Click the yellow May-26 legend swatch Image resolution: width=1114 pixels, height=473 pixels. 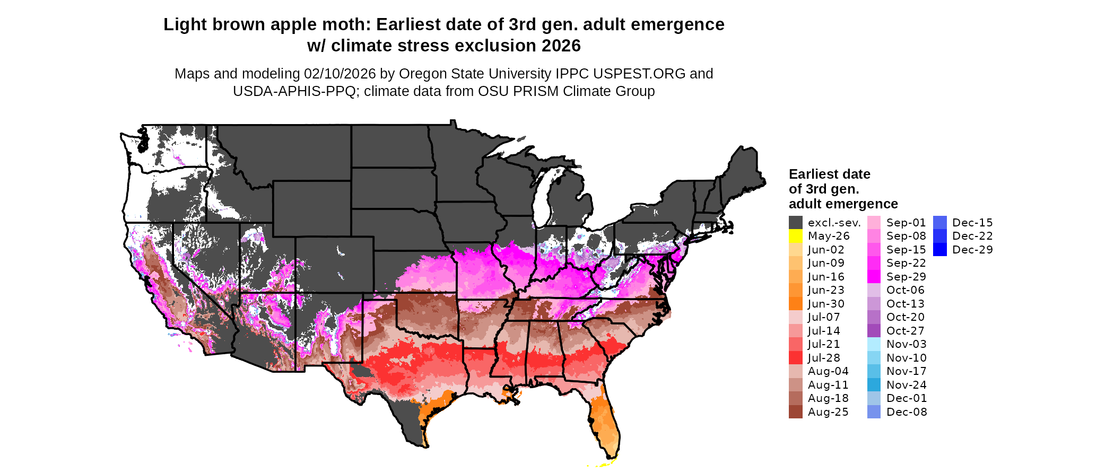click(795, 236)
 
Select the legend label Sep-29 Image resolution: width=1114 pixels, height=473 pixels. click(906, 277)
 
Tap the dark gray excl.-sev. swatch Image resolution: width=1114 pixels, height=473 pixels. click(795, 223)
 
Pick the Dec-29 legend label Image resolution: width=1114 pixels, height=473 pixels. click(972, 250)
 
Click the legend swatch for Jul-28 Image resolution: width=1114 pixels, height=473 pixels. click(795, 358)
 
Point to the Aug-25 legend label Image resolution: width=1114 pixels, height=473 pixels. click(828, 412)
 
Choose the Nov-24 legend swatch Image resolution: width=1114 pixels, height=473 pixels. click(874, 385)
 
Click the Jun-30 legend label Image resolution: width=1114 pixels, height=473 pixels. click(826, 304)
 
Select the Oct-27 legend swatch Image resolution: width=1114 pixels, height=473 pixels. click(874, 331)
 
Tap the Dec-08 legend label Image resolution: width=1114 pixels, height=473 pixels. click(907, 412)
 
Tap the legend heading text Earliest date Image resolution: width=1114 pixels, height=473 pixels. click(829, 174)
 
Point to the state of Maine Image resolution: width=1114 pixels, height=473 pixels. click(743, 170)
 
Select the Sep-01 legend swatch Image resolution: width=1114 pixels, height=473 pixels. click(874, 223)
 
